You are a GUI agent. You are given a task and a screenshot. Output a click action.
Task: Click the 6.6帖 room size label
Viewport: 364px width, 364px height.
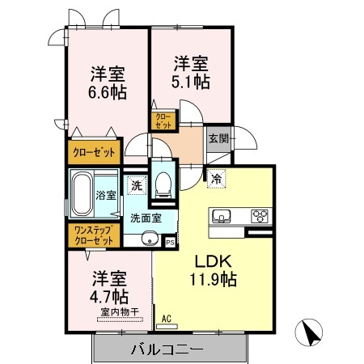point(108,92)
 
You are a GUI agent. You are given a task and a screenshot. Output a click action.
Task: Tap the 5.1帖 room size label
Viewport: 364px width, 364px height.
point(191,82)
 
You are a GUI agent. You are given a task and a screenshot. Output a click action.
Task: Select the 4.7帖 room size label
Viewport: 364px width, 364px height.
point(109,297)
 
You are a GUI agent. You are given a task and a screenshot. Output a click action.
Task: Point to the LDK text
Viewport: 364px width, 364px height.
point(214,261)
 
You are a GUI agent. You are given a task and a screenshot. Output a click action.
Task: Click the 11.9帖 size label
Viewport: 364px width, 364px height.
point(214,279)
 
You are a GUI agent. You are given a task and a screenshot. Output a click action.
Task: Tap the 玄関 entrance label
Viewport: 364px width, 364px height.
point(218,138)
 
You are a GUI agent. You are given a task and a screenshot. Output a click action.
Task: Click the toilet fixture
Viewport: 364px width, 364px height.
point(163,185)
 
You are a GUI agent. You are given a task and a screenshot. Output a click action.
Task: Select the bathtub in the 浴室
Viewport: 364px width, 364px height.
point(82,194)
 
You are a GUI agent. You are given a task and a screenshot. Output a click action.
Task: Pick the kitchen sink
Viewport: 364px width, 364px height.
point(221,216)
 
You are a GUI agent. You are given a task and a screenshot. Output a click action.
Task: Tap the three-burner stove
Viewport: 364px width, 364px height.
point(260,216)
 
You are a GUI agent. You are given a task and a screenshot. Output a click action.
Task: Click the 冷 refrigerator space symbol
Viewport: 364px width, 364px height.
point(217,179)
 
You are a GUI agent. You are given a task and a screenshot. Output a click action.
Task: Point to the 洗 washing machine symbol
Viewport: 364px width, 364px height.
point(137,185)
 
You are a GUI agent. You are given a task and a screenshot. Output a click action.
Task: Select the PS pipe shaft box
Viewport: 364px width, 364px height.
point(170,242)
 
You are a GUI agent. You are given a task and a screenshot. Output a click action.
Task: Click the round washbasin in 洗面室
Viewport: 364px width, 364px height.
point(149,239)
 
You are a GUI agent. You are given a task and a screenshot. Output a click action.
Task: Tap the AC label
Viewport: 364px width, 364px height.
point(167,319)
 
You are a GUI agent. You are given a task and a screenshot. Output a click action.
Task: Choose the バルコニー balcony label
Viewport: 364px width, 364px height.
point(167,349)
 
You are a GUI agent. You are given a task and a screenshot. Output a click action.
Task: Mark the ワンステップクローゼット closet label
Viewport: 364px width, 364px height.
point(94,235)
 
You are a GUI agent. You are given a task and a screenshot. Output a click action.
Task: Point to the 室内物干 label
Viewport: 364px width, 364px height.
point(120,312)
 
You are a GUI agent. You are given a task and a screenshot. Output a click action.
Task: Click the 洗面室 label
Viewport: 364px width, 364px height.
point(146,218)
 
